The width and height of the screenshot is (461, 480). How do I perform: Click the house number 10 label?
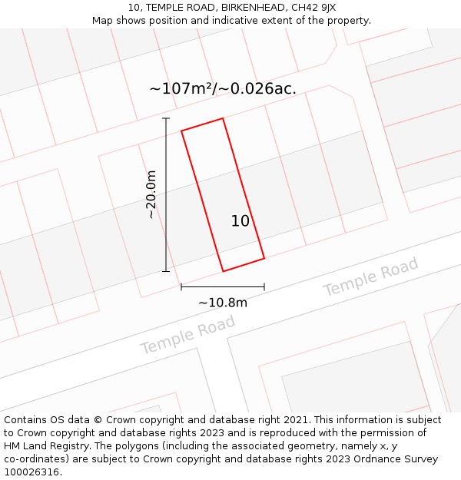(240, 221)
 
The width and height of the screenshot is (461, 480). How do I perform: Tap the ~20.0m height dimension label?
(151, 194)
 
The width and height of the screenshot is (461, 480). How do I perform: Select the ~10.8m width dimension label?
(223, 303)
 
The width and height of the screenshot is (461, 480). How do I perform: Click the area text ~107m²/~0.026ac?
(223, 89)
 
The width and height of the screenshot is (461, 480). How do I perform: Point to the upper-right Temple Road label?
(370, 277)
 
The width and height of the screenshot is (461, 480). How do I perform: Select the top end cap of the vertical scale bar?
(166, 118)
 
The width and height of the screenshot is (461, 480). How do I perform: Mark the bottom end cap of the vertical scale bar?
(166, 271)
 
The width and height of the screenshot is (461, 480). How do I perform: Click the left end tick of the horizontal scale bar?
(181, 287)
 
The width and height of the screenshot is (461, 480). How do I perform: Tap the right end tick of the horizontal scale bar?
(264, 287)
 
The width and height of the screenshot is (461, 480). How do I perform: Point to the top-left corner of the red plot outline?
(181, 131)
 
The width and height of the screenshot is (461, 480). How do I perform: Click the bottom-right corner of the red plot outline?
(264, 258)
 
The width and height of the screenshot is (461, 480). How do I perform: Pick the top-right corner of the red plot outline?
(223, 118)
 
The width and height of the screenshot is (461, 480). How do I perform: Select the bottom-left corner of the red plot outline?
(223, 271)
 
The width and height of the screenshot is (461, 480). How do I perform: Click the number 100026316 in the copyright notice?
(31, 472)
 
